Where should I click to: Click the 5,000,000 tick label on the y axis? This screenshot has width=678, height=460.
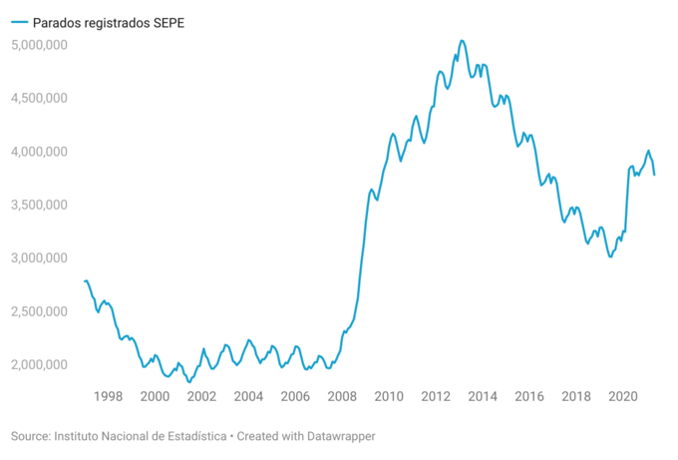pyautogui.click(x=39, y=45)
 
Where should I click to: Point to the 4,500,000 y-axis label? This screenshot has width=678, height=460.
pyautogui.click(x=39, y=98)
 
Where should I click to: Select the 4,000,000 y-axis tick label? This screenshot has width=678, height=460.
pyautogui.click(x=39, y=152)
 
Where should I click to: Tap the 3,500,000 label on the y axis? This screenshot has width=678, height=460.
pyautogui.click(x=39, y=205)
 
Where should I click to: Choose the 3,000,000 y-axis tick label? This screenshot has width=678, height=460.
pyautogui.click(x=39, y=257)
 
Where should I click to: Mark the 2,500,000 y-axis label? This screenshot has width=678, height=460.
pyautogui.click(x=39, y=311)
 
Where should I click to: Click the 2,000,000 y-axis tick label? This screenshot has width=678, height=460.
pyautogui.click(x=39, y=364)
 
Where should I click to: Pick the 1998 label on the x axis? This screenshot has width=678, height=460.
pyautogui.click(x=108, y=396)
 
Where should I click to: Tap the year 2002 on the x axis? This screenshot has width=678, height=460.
pyautogui.click(x=201, y=396)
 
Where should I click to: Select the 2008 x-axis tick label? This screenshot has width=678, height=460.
pyautogui.click(x=342, y=396)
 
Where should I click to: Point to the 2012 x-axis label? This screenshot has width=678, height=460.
pyautogui.click(x=436, y=396)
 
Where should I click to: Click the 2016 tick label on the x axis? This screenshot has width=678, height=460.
pyautogui.click(x=529, y=396)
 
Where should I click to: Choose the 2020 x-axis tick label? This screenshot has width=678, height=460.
pyautogui.click(x=623, y=396)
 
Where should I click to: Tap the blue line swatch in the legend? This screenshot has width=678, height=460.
pyautogui.click(x=19, y=22)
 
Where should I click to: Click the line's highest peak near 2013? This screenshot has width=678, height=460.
pyautogui.click(x=462, y=41)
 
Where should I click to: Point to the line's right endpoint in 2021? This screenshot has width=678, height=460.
pyautogui.click(x=655, y=175)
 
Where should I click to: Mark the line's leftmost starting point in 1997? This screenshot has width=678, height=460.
pyautogui.click(x=85, y=281)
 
